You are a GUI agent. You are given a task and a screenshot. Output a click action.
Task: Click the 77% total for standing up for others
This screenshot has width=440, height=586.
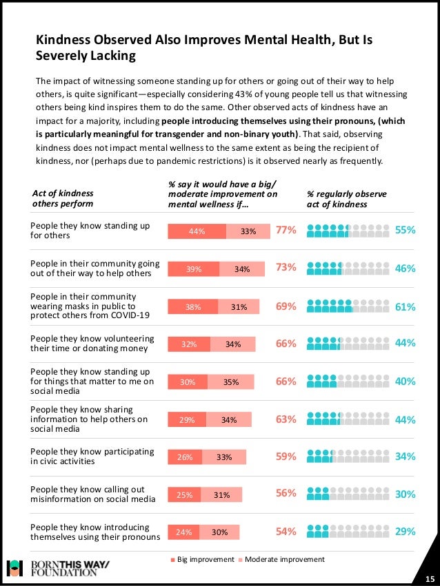pyautogui.click(x=286, y=231)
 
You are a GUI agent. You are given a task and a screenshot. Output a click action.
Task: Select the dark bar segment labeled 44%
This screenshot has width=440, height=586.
pyautogui.click(x=197, y=231)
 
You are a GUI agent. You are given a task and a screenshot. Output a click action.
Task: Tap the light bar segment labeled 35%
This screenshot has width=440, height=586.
pyautogui.click(x=232, y=381)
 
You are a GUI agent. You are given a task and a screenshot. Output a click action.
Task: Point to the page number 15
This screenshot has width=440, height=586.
pyautogui.click(x=429, y=578)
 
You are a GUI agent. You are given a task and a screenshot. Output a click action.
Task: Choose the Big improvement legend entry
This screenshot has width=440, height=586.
pyautogui.click(x=203, y=559)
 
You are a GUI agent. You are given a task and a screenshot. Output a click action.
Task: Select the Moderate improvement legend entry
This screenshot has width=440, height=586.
pyautogui.click(x=281, y=559)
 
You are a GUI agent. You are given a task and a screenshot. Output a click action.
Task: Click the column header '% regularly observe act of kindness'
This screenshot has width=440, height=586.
pyautogui.click(x=337, y=200)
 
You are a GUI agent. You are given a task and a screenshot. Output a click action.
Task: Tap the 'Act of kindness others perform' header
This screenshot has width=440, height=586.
pyautogui.click(x=63, y=198)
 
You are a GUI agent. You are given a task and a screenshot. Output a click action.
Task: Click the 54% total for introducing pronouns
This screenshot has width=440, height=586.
pyautogui.click(x=286, y=531)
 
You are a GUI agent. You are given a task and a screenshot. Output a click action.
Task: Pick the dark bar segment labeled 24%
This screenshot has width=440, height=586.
pyautogui.click(x=183, y=532)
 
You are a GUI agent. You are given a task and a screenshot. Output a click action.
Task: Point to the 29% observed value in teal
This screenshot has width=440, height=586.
pyautogui.click(x=405, y=531)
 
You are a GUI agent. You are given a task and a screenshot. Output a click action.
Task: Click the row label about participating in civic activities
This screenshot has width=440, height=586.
pyautogui.click(x=92, y=456)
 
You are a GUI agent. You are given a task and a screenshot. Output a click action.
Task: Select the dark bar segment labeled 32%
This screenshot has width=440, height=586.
pyautogui.click(x=188, y=344)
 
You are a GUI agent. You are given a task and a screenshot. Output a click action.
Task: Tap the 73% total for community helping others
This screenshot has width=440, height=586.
pyautogui.click(x=286, y=269)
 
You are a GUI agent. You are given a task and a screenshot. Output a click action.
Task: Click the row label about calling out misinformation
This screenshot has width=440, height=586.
pyautogui.click(x=92, y=493)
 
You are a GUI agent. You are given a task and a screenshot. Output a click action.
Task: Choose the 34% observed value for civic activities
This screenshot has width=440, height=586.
pyautogui.click(x=405, y=456)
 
